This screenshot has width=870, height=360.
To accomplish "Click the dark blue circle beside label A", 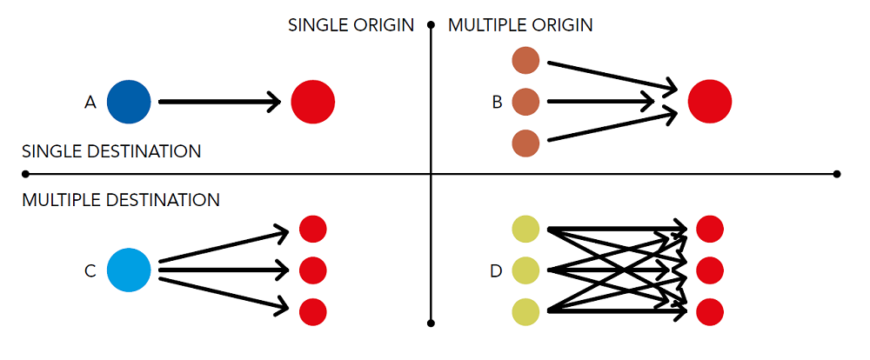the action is click(129, 102).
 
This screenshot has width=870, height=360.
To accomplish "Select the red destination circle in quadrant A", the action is click(313, 102).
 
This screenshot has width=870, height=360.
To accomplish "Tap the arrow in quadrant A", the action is click(220, 102).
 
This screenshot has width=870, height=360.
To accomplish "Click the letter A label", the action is click(90, 102).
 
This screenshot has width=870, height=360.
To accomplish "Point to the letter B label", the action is click(497, 102).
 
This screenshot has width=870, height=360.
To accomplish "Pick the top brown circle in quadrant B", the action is click(525, 61).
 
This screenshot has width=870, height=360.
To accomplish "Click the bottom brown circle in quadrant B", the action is click(525, 143).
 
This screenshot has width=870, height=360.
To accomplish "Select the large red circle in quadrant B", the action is click(710, 102).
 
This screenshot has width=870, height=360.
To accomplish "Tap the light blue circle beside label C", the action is click(129, 270).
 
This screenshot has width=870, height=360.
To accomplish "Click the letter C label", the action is click(90, 271).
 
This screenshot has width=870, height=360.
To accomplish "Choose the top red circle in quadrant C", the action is click(313, 229).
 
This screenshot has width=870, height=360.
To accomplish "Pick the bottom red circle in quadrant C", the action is click(313, 312).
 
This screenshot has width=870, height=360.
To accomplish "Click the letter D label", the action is click(497, 271).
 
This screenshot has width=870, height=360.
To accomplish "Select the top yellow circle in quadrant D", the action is click(525, 230).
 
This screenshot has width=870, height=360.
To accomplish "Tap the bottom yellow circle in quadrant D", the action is click(525, 312).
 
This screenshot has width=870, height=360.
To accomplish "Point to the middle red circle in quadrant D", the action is click(710, 270).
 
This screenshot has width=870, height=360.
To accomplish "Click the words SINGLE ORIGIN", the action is click(351, 25).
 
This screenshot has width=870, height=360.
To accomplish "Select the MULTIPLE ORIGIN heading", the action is click(520, 25).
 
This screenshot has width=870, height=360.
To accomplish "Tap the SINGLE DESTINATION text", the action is click(111, 151).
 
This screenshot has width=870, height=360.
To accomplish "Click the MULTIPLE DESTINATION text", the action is click(121, 200).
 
